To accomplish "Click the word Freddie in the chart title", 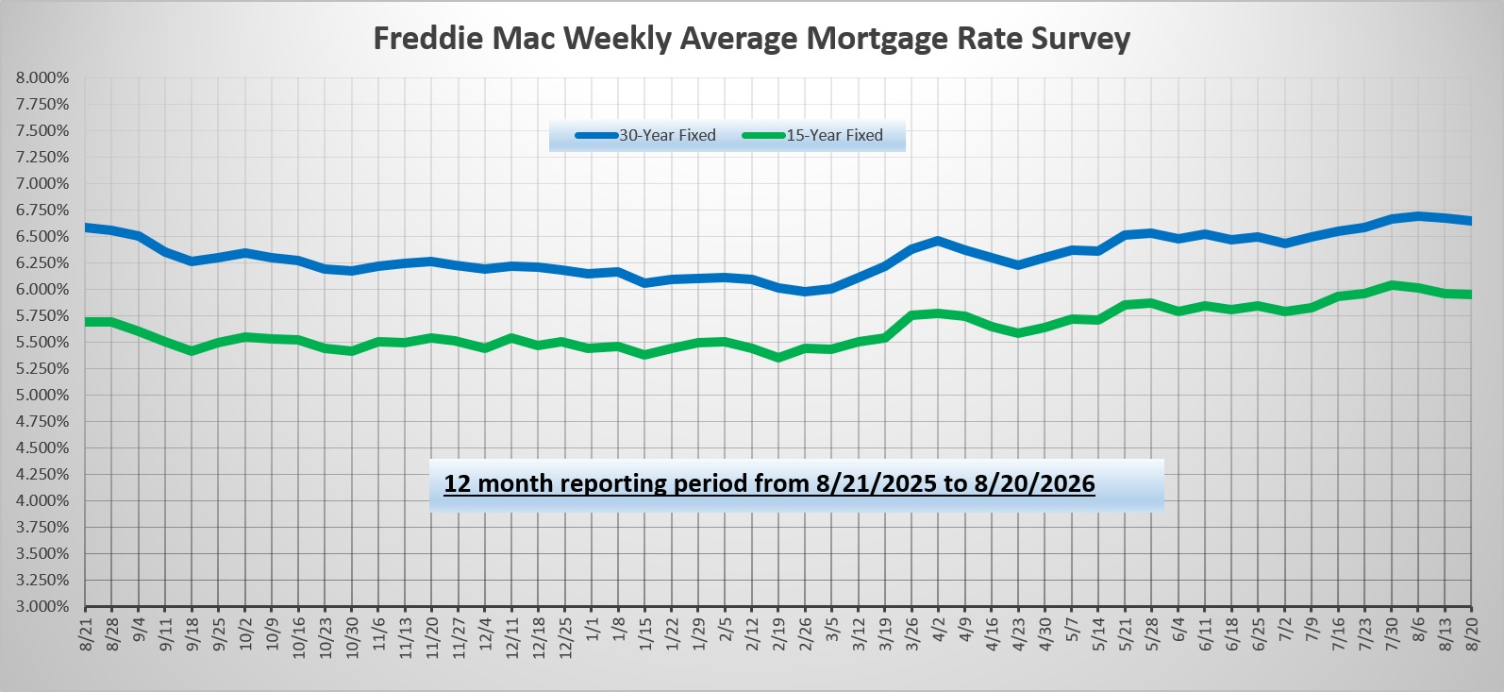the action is (428, 39).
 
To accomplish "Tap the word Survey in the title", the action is (1081, 40).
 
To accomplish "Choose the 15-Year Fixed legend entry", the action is (812, 136).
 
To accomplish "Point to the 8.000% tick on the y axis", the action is (42, 78).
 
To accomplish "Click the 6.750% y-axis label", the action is (42, 211).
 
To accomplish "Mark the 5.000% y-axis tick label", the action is (42, 395).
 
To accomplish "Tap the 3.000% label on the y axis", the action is (42, 607).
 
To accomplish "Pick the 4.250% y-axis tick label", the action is (42, 474).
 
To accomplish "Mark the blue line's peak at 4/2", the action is (939, 240).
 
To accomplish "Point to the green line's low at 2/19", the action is (778, 358).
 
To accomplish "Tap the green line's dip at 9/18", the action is (192, 350).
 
